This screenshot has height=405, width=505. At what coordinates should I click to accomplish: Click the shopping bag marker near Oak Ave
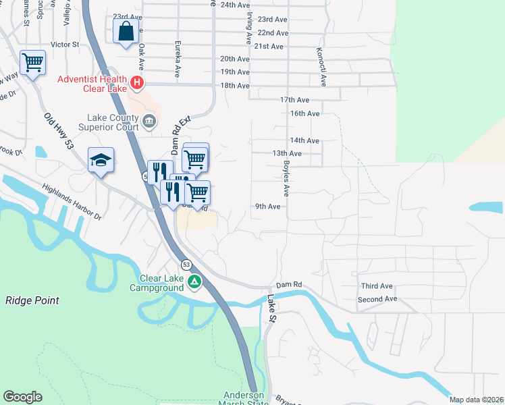pos(126,32)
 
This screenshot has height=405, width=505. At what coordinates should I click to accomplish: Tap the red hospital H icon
pos(137,84)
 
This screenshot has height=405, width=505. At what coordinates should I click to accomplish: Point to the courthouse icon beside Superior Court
pos(149,122)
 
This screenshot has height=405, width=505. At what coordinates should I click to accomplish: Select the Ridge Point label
pos(32,300)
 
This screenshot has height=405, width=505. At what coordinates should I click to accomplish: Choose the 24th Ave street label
pos(236,5)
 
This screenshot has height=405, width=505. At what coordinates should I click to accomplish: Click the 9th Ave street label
pos(267,207)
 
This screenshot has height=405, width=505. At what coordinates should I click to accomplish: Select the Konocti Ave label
pos(323,67)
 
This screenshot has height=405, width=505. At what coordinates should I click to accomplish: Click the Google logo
pos(22,397)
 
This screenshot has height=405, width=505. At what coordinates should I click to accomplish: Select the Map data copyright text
pos(476,400)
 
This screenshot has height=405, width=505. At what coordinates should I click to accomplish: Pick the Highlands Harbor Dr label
pos(71,202)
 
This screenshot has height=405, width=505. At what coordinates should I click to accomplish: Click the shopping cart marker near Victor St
pos(32,63)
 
